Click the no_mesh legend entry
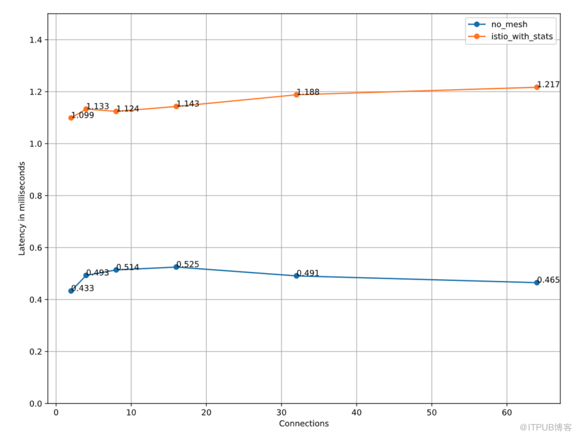[x=497, y=24]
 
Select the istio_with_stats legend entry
[x=510, y=36]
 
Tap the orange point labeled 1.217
[x=537, y=87]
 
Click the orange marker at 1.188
[x=296, y=95]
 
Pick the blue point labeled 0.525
[x=176, y=267]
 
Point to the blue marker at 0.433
[x=71, y=291]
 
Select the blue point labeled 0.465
[x=537, y=282]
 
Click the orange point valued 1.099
[x=71, y=118]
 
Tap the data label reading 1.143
[x=188, y=103]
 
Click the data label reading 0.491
[x=308, y=273]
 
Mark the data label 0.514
[x=127, y=267]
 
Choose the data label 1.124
[x=127, y=109]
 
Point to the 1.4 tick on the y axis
[x=36, y=40]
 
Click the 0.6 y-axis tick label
[x=36, y=248]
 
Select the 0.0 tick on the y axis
[x=36, y=404]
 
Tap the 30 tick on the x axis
[x=282, y=413]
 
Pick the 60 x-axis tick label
[x=507, y=413]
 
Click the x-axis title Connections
[x=304, y=423]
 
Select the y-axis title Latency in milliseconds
[x=21, y=208]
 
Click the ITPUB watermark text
[x=545, y=427]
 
